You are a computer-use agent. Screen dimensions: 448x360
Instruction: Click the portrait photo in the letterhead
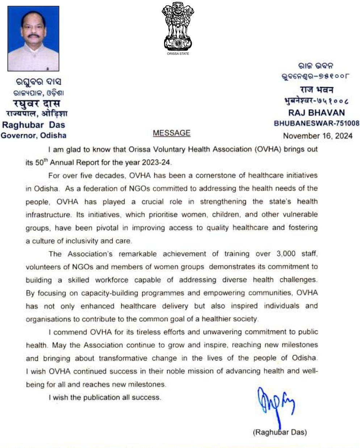pos(33,38)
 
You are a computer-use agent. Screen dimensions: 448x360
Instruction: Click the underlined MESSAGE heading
pos(171,133)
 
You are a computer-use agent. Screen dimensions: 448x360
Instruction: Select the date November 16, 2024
pos(317,136)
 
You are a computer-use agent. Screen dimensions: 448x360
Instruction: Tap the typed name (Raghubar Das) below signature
pos(280,432)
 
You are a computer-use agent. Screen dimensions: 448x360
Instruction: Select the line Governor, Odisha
pos(33,136)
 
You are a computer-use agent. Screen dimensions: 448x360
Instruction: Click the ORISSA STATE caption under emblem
pos(178,54)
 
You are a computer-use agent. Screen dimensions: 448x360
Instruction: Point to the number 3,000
pos(286,254)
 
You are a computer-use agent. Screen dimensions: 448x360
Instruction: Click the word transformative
pos(123,358)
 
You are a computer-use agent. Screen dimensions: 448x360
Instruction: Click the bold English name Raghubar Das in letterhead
pos(33,125)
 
